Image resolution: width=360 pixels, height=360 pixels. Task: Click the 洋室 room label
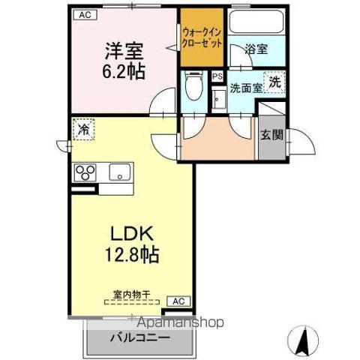123,52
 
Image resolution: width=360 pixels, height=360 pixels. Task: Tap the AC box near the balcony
178,301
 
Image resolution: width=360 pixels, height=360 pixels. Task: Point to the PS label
217,76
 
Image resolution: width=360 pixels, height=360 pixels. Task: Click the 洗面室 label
246,88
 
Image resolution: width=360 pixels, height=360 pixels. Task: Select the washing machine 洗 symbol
274,82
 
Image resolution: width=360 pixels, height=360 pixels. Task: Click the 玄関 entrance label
271,136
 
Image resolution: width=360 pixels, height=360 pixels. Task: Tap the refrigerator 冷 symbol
84,130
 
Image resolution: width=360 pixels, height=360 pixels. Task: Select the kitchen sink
120,172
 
